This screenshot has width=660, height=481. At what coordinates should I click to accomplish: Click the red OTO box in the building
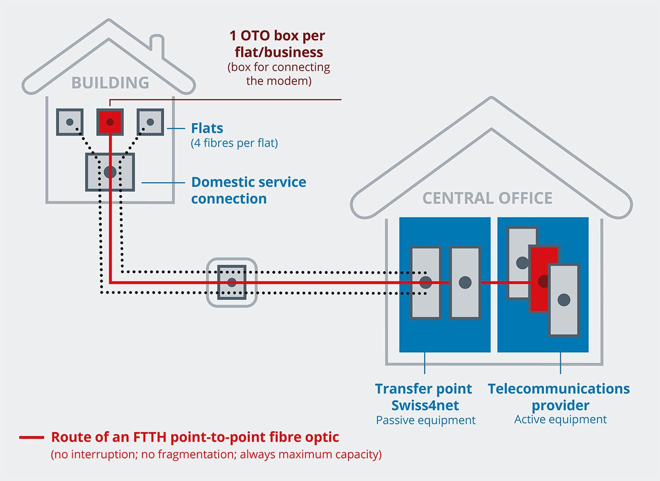[110, 122]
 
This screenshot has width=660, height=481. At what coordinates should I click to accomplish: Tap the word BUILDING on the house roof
[110, 83]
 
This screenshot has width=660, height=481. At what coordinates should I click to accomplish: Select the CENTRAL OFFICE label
[487, 198]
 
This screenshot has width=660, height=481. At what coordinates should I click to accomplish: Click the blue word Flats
[207, 128]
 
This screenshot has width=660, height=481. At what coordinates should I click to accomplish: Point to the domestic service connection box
[110, 172]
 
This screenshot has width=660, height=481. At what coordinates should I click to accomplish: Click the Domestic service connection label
[248, 190]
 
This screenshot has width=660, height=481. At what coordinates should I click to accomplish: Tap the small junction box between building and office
[232, 282]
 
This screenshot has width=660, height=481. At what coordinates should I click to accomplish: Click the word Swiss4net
[425, 405]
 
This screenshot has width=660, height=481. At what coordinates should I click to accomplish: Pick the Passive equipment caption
[426, 420]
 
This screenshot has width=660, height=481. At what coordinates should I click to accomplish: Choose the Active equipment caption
[560, 419]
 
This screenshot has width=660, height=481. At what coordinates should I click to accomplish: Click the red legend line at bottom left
[32, 438]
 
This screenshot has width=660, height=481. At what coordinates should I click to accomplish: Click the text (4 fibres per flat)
[234, 143]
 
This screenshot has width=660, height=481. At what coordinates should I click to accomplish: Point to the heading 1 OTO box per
[277, 36]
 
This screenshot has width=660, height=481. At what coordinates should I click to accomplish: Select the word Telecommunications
[558, 389]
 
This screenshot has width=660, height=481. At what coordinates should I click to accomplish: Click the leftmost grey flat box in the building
[70, 122]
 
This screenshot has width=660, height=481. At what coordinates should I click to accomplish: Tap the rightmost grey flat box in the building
[150, 122]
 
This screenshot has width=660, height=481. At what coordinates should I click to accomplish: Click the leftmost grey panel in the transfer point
[426, 282]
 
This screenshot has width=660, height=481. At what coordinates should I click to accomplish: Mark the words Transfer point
[424, 389]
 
